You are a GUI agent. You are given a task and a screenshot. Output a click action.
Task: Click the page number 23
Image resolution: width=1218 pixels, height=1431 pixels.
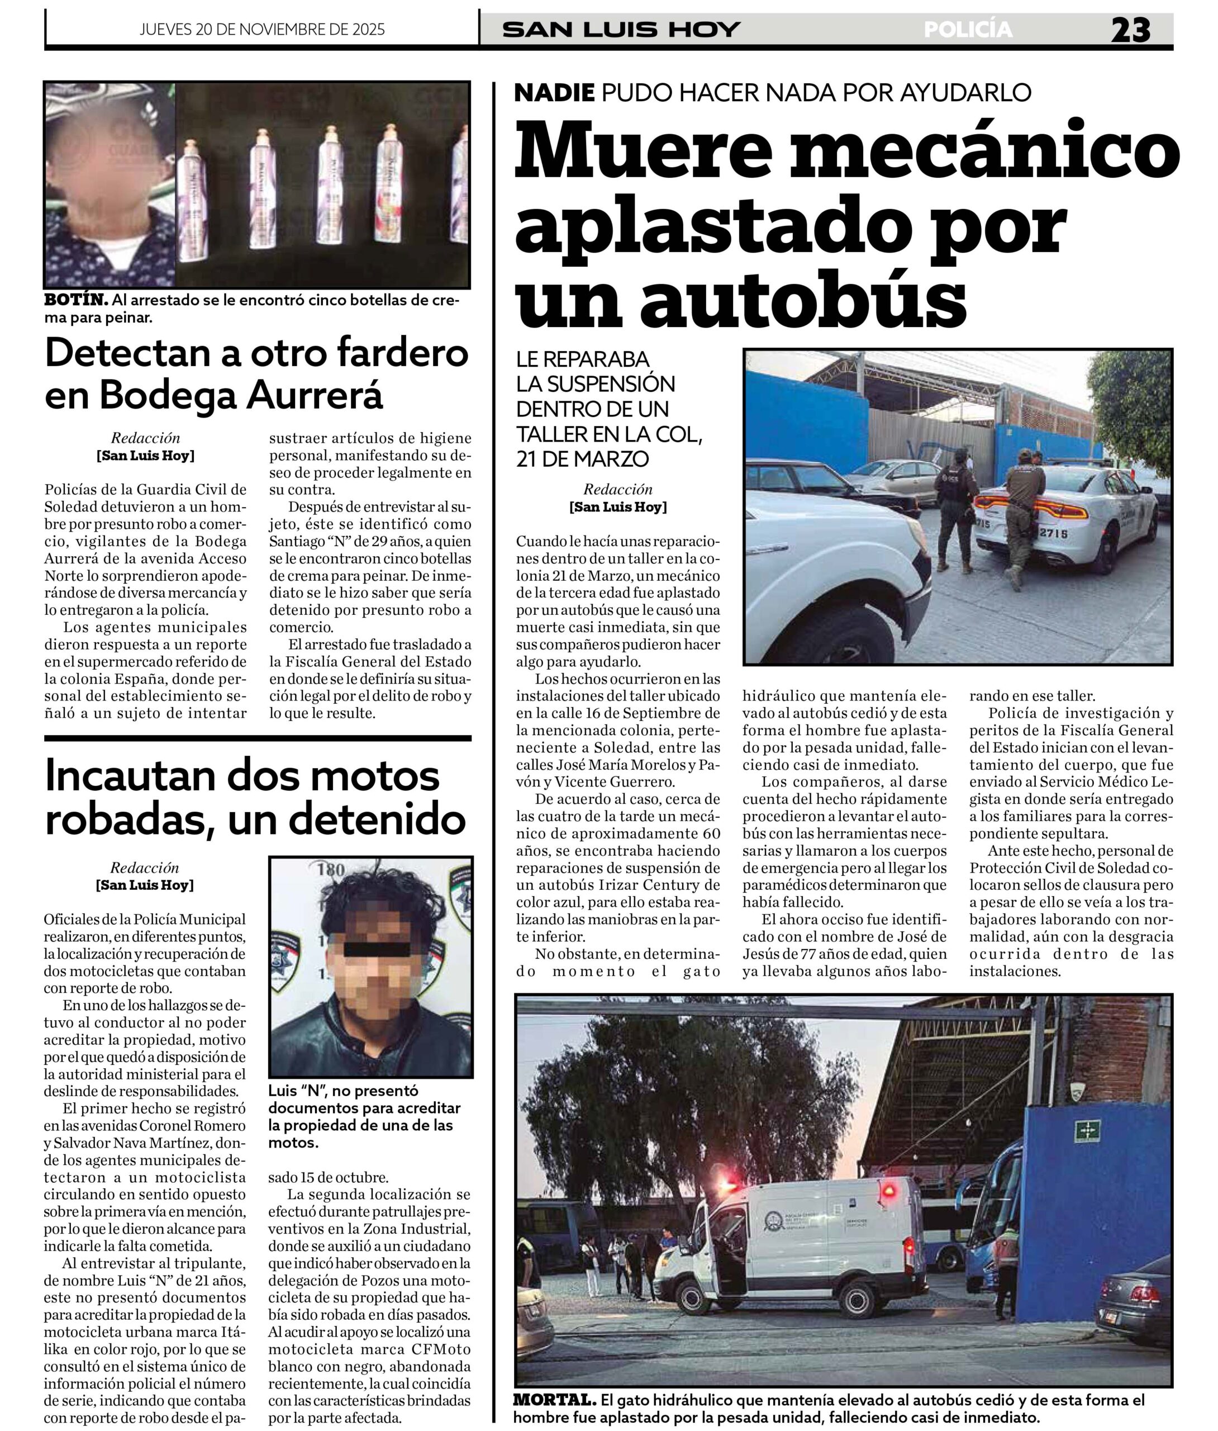click(1130, 30)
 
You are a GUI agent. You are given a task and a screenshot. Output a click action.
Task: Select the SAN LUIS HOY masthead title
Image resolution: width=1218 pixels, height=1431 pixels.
click(621, 30)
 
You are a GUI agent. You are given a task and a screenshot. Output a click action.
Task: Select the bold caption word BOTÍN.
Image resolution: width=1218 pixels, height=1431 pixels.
click(76, 300)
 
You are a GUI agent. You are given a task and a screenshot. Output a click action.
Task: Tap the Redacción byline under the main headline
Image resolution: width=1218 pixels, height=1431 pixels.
click(617, 490)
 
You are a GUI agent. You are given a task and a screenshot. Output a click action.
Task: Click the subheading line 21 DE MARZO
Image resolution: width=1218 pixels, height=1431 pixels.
click(583, 458)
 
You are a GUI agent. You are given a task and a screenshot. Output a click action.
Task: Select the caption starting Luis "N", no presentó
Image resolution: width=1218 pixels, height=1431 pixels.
click(363, 1117)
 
